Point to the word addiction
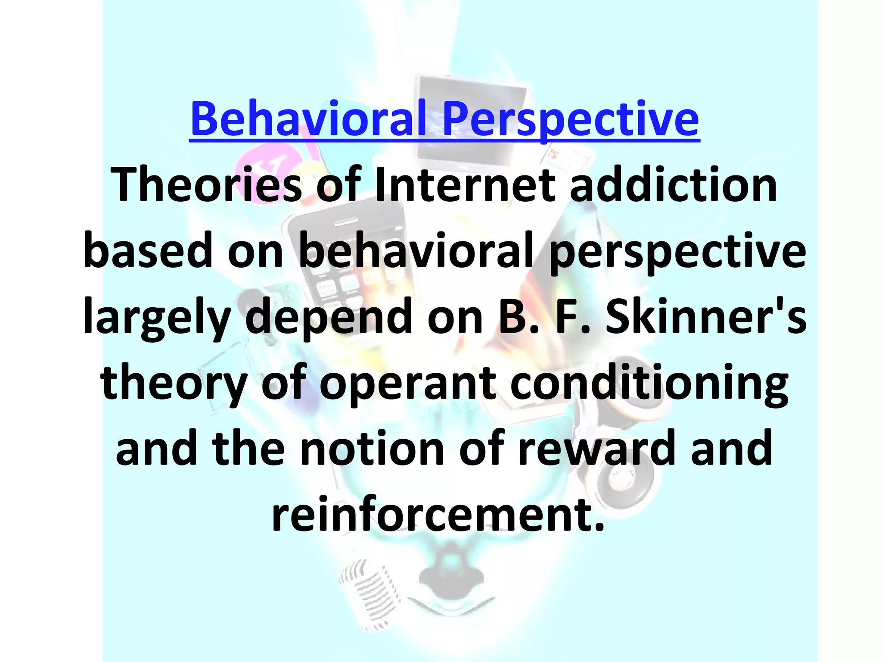(674, 185)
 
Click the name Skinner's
(706, 317)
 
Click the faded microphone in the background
(366, 595)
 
